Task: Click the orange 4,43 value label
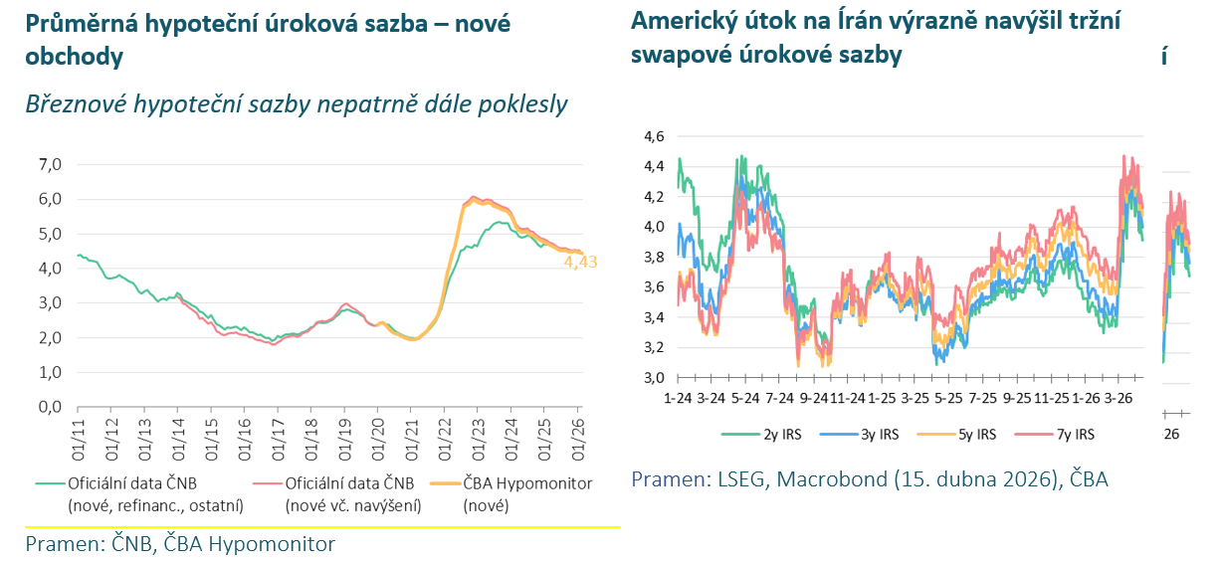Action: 580,263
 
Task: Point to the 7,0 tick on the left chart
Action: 50,164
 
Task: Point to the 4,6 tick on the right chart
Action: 653,136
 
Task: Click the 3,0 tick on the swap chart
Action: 653,378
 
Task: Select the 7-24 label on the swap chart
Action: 782,398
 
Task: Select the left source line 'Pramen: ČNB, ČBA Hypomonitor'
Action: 180,544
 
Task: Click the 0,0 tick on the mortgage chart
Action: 50,407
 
